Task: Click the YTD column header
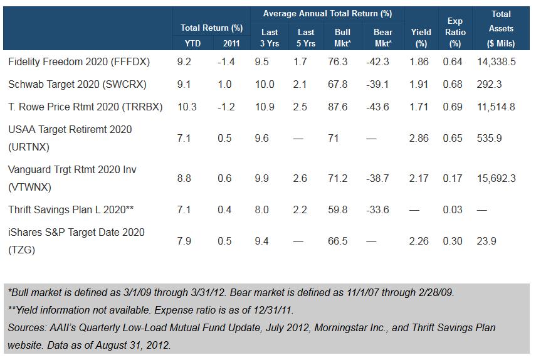point(186,43)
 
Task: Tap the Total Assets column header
point(501,28)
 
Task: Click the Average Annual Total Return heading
point(327,13)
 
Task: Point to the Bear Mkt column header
point(382,38)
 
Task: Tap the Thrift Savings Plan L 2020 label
point(70,209)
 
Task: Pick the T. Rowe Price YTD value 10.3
point(187,107)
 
